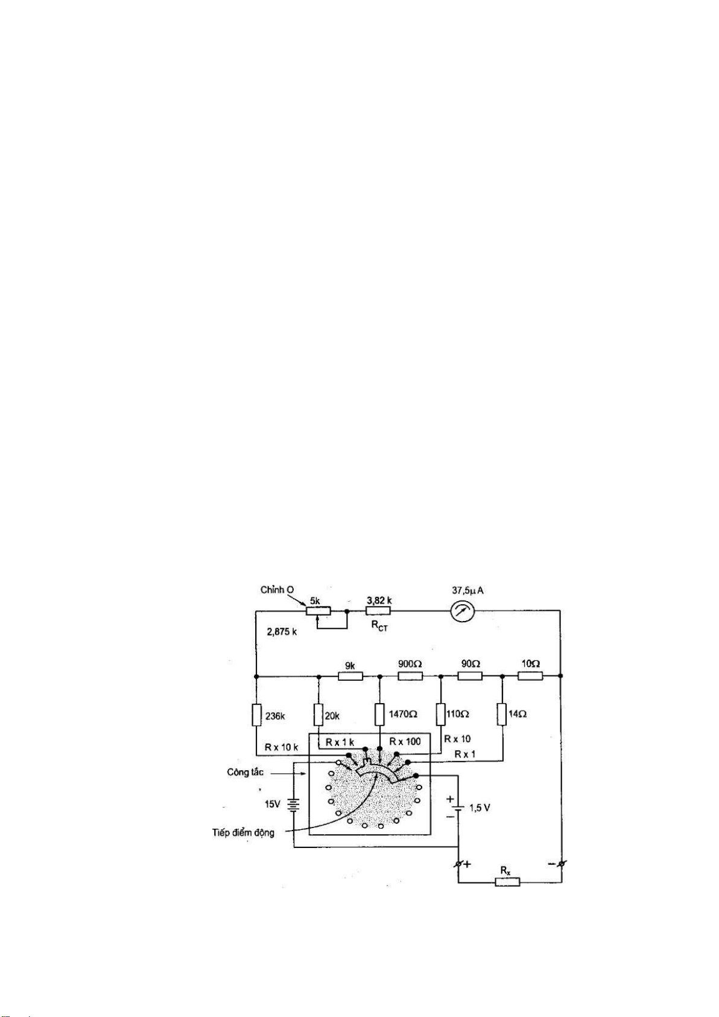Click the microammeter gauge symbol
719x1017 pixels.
463,612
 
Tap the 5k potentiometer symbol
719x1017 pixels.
318,611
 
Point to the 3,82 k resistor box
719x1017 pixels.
378,611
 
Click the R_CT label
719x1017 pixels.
379,627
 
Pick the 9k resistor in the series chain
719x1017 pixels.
350,676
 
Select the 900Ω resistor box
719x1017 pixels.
410,676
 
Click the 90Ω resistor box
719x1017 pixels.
470,676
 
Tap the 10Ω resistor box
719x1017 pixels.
530,676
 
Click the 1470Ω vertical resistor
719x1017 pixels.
379,714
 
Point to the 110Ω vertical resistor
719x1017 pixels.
441,714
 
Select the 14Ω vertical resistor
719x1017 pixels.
502,714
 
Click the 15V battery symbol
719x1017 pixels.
294,805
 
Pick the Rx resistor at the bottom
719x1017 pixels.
507,882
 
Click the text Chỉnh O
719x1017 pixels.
277,590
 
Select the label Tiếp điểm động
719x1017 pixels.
243,833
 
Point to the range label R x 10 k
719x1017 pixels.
281,747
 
